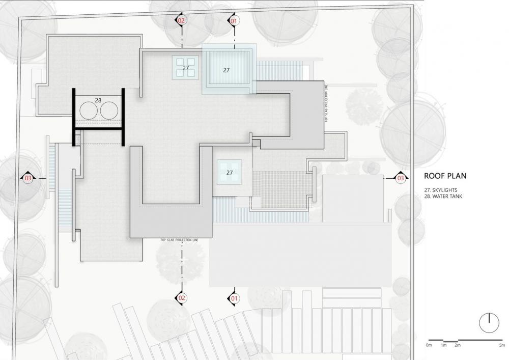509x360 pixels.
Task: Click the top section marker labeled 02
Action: [182, 21]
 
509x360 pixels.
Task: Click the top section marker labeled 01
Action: [234, 21]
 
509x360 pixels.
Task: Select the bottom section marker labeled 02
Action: [182, 298]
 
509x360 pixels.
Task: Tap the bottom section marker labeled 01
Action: [234, 298]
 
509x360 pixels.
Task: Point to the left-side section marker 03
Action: [28, 178]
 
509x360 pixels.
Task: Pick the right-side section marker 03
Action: [401, 178]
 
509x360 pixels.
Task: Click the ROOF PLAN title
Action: [445, 176]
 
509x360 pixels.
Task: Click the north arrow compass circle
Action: [489, 322]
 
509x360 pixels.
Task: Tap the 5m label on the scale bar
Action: [502, 346]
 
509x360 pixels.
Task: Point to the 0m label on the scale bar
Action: [429, 346]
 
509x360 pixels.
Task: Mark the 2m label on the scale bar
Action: [458, 346]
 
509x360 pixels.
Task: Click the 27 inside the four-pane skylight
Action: [185, 68]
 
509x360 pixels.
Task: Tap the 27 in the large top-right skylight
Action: [227, 70]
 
